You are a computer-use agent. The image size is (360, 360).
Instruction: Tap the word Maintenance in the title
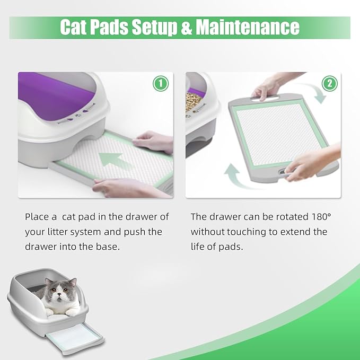pyautogui.click(x=248, y=27)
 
